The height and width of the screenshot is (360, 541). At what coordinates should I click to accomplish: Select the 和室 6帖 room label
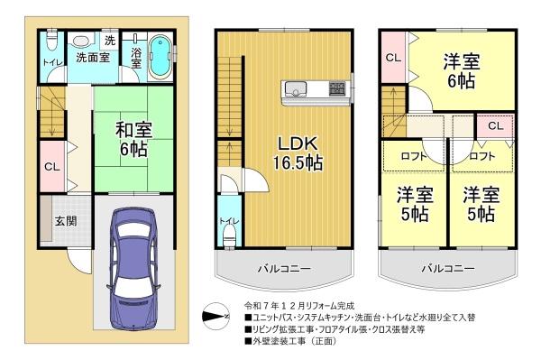131,139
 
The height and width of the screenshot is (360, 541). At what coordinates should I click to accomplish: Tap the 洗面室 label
90,58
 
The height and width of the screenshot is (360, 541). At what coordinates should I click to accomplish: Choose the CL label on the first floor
52,166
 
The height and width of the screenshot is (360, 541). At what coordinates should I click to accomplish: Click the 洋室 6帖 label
461,70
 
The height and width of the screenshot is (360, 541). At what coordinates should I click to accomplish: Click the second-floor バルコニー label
281,268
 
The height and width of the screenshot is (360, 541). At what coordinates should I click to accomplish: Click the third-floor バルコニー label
446,268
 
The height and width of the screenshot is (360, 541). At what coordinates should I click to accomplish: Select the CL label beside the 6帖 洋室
393,57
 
